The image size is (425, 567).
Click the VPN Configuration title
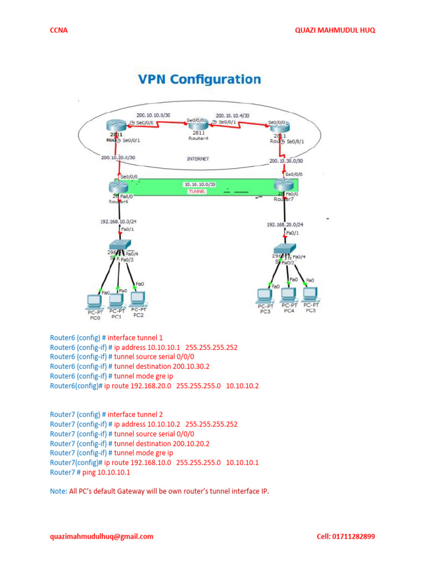(199, 79)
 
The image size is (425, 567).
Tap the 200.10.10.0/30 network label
(154, 115)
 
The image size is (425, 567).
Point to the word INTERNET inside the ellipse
(198, 158)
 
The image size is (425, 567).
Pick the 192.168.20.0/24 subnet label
(284, 225)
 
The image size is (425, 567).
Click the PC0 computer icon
(95, 302)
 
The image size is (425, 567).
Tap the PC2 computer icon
(138, 299)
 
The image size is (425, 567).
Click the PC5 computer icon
(310, 295)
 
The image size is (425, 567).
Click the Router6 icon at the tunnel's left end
(117, 189)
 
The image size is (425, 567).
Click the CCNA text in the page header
(59, 30)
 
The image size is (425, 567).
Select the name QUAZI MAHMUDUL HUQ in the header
(335, 30)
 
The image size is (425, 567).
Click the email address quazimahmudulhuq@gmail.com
(101, 536)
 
